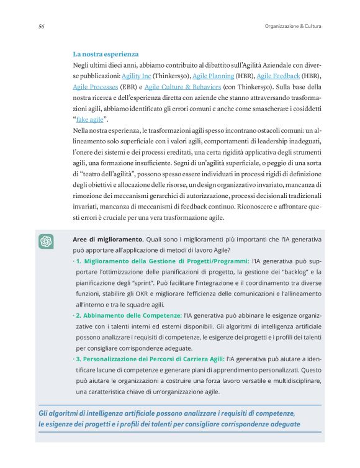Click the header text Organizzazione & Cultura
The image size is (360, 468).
click(293, 26)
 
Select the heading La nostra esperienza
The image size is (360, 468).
click(106, 54)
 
